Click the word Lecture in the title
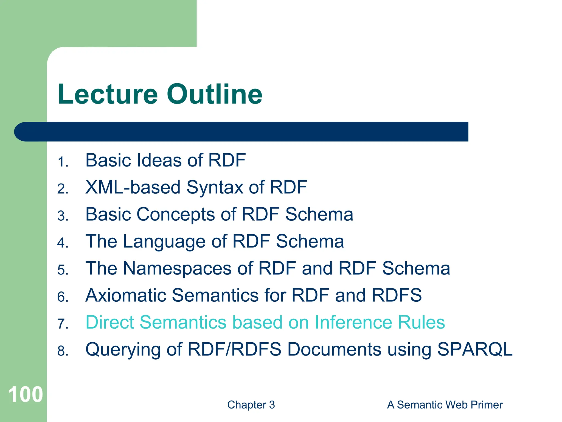[x=108, y=94]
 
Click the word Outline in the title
[x=215, y=94]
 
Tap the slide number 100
[x=25, y=395]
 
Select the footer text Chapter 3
[x=251, y=405]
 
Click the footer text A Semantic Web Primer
[x=445, y=405]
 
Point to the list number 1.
[x=63, y=162]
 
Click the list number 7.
[x=63, y=324]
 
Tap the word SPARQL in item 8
[x=474, y=349]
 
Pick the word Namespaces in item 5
[x=177, y=268]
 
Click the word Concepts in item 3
[x=176, y=215]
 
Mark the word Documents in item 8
[x=334, y=349]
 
